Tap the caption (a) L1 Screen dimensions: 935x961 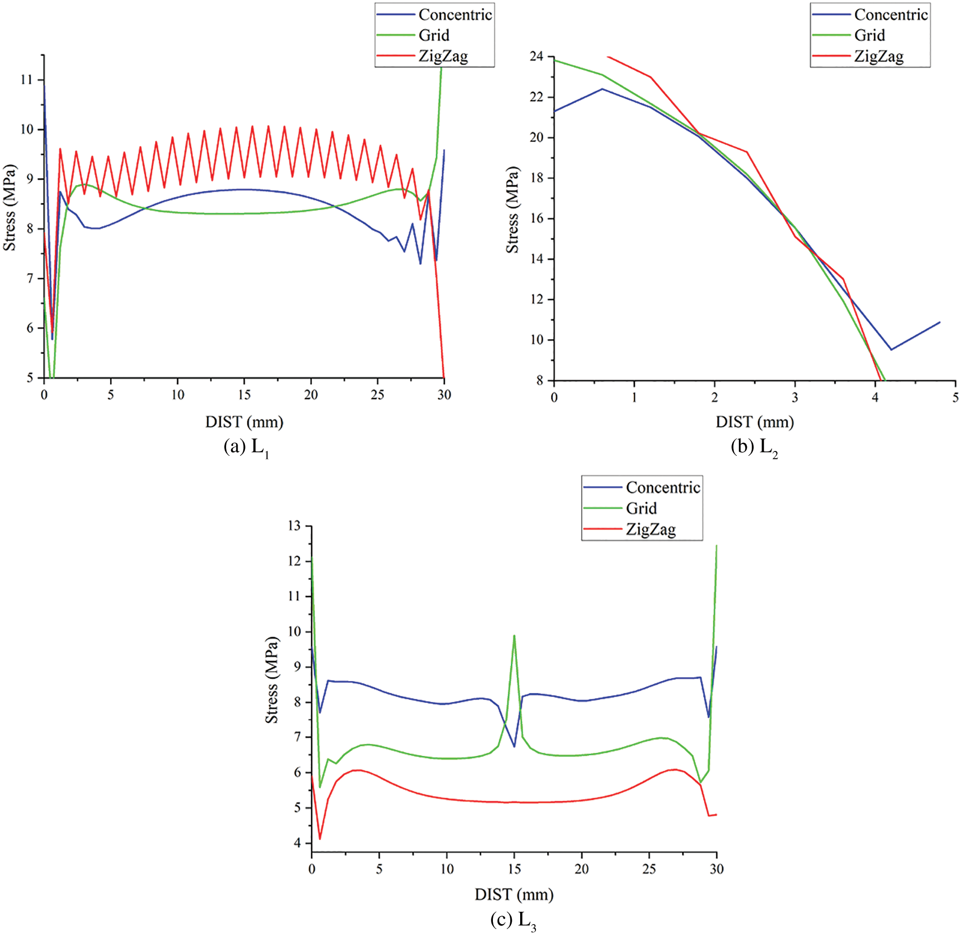point(246,447)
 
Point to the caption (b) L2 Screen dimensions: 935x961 point(754,447)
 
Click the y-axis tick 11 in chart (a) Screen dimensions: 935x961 point(26,80)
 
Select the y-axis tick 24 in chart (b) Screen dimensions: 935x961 point(536,57)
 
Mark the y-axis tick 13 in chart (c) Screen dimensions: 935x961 point(295,525)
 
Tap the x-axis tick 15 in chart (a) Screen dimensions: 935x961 point(244,395)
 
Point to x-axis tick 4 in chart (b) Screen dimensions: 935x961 point(875,397)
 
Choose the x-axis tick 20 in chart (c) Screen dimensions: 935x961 point(582,869)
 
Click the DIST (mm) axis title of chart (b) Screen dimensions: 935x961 point(754,422)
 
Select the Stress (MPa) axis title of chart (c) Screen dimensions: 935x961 point(272,680)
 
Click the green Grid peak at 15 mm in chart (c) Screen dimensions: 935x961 point(514,635)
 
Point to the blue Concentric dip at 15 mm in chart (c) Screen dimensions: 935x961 point(514,746)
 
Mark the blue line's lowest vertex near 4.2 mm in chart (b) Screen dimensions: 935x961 point(891,350)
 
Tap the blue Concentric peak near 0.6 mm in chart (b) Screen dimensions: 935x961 point(602,89)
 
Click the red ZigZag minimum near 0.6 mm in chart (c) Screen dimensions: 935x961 point(320,839)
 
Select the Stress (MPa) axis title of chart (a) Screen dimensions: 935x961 point(9,208)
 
